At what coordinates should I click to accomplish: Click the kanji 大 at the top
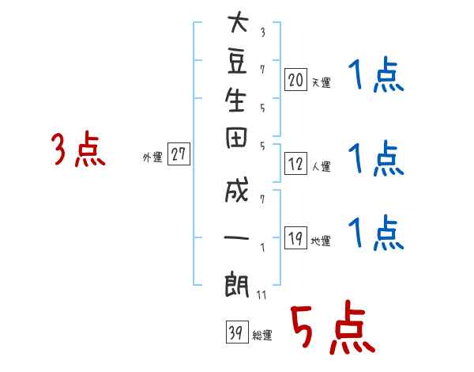pos(237,24)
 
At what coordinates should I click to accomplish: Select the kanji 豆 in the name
pos(237,63)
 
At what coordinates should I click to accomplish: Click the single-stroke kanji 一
pos(237,237)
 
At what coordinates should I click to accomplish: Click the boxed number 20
pos(295,79)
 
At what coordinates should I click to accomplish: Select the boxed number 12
pos(295,165)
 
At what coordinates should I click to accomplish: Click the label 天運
pos(321,82)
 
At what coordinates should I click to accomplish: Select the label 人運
pos(321,167)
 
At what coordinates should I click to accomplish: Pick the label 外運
pos(152,158)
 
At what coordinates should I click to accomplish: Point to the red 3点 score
pos(77,150)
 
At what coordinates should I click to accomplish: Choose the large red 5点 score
pos(330,328)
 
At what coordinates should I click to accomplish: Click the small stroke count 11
pos(261,295)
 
